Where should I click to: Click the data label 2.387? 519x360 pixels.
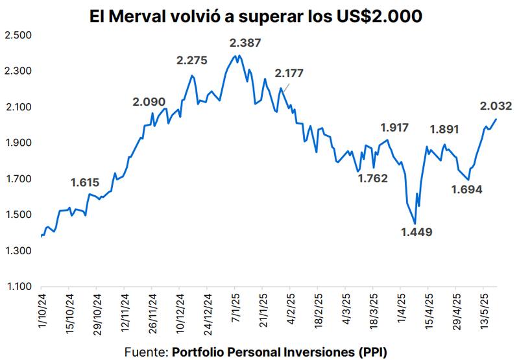click(x=247, y=43)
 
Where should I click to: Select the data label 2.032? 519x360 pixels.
click(x=496, y=106)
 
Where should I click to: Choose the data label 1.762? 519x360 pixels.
click(x=372, y=178)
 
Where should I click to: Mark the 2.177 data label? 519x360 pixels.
click(x=289, y=73)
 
